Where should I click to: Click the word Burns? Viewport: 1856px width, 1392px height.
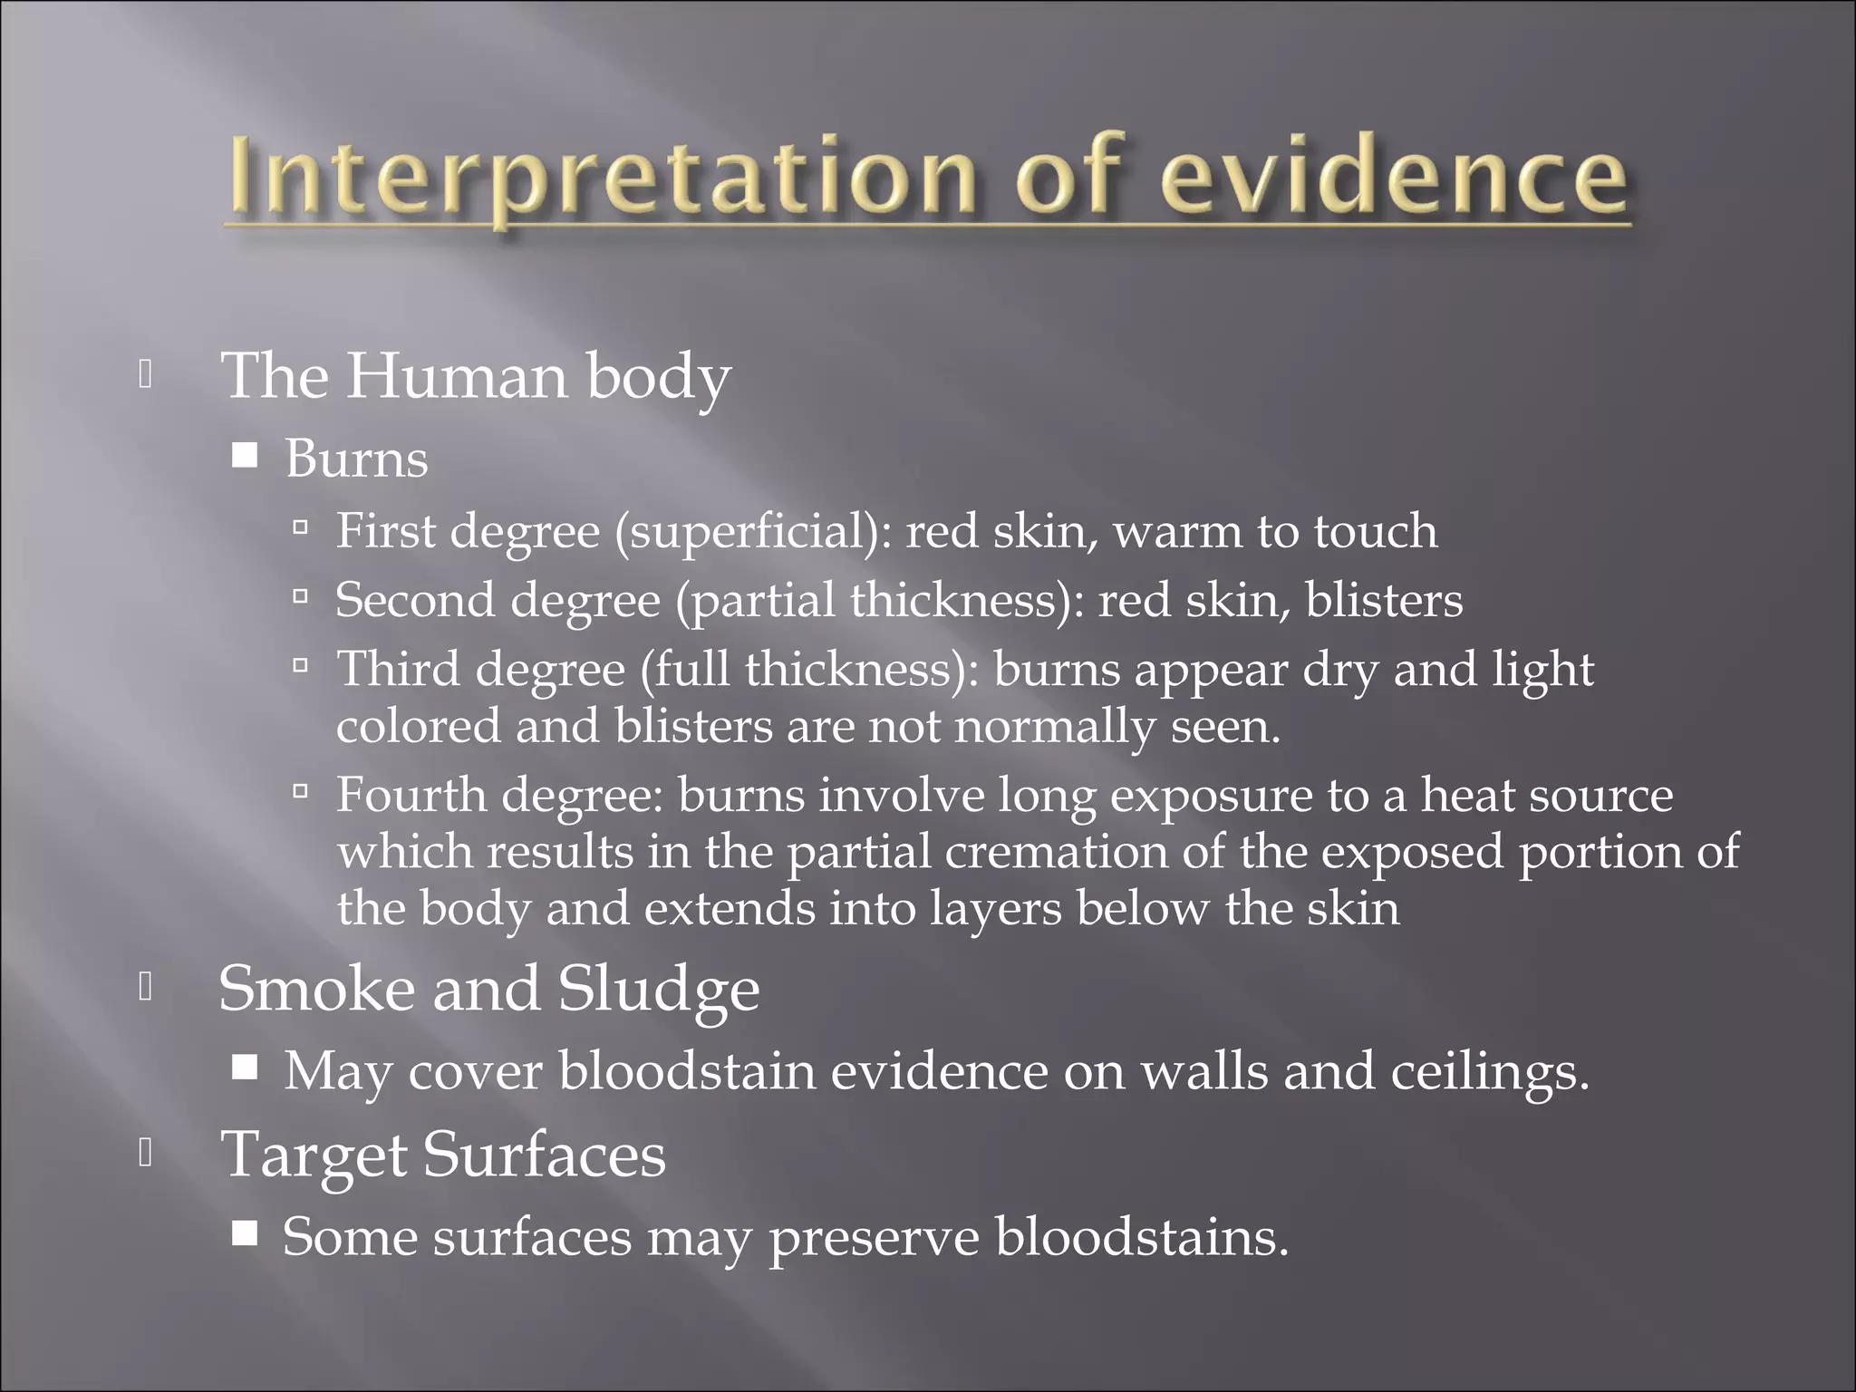click(x=356, y=459)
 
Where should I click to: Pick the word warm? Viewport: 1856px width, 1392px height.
click(x=1178, y=533)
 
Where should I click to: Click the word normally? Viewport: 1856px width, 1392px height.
click(x=1055, y=727)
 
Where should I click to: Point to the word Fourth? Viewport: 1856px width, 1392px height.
click(x=412, y=795)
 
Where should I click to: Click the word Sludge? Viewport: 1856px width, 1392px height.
click(x=659, y=990)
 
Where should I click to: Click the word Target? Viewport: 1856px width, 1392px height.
click(x=314, y=1156)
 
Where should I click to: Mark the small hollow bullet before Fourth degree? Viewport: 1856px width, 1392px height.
click(x=302, y=791)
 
